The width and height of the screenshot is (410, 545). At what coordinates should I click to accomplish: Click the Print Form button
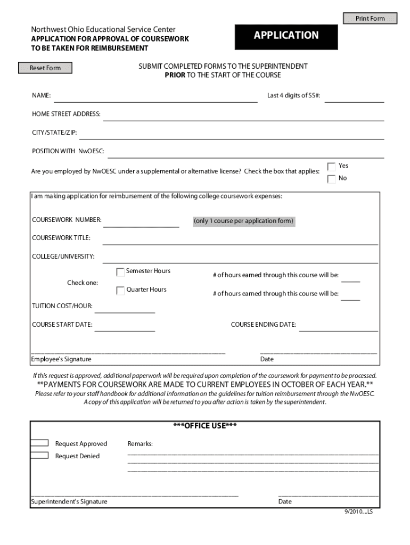coord(370,19)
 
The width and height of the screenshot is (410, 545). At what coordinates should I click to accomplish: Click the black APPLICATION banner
coord(286,36)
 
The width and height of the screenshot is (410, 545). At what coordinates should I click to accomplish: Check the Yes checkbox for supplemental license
coord(331,167)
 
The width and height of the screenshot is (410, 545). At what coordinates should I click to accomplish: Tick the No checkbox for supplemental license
coord(331,179)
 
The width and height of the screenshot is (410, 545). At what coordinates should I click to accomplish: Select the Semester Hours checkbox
coord(120,272)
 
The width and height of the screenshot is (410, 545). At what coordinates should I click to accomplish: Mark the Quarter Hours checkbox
coord(120,291)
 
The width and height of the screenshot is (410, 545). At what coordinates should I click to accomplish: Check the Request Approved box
coord(40,443)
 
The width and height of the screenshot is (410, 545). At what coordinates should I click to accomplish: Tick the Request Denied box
coord(40,456)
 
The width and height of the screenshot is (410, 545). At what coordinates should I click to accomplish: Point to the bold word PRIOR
coord(175,75)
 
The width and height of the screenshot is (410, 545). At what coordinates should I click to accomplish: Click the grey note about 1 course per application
coord(243,221)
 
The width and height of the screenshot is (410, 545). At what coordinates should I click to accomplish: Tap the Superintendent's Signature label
coord(69,502)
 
